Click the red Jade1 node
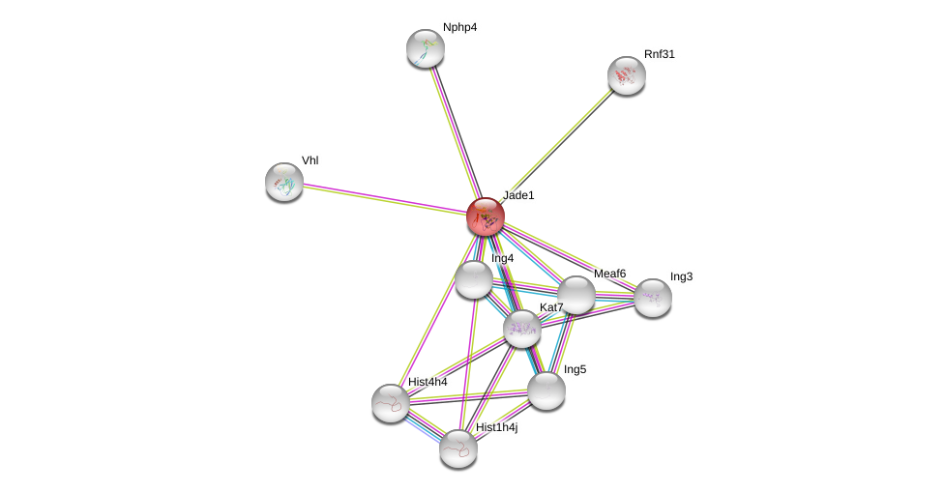click(x=485, y=217)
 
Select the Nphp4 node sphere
click(x=425, y=48)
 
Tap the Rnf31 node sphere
click(x=626, y=75)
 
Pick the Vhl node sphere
click(x=284, y=182)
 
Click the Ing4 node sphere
click(x=473, y=279)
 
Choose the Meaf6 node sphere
click(x=575, y=295)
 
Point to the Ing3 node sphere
click(x=652, y=298)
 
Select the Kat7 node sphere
click(x=522, y=329)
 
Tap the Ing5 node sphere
click(x=546, y=391)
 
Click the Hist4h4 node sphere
click(x=390, y=403)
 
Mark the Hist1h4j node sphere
click(x=457, y=448)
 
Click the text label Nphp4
click(x=459, y=27)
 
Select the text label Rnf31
click(x=660, y=54)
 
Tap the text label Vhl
click(x=310, y=160)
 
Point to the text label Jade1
click(x=518, y=195)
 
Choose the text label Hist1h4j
click(x=496, y=427)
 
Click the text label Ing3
click(x=681, y=276)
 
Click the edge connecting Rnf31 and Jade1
click(x=556, y=145)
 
